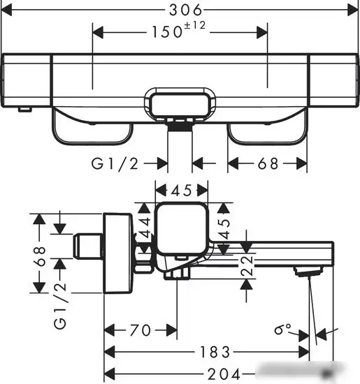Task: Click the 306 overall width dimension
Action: (x=185, y=10)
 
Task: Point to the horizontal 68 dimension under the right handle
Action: (x=268, y=163)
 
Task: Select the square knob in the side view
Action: (x=181, y=228)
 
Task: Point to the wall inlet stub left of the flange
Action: (x=89, y=246)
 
